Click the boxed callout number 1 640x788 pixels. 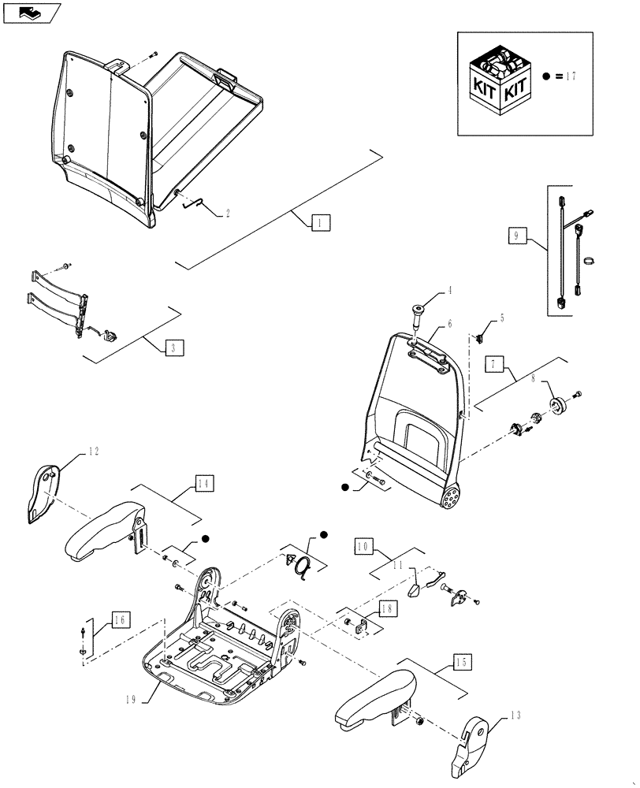[319, 223]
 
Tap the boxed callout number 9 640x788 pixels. [516, 236]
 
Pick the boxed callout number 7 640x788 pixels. [493, 364]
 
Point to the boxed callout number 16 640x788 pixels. [118, 620]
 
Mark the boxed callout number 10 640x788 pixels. [363, 545]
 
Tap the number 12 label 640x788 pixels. [93, 452]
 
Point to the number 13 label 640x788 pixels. [515, 716]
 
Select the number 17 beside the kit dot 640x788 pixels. [571, 76]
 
